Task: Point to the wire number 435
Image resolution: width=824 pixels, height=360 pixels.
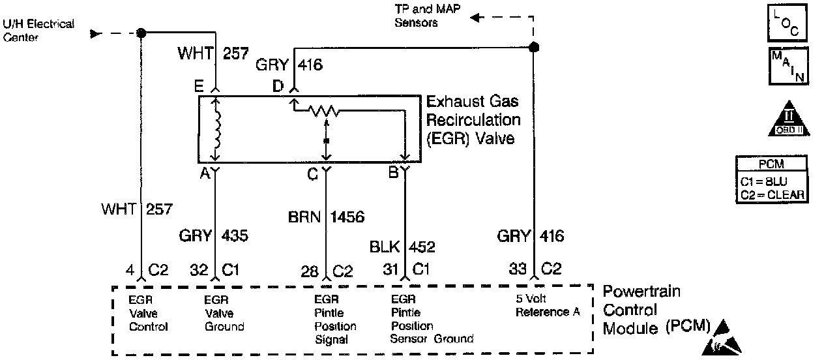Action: click(235, 235)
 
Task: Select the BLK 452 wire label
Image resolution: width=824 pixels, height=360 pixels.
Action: click(402, 247)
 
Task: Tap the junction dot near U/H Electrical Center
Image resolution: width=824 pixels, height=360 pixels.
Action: click(141, 33)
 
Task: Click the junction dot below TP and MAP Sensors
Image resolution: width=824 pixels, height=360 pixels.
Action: click(534, 47)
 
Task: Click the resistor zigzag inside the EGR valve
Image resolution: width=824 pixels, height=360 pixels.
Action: click(325, 112)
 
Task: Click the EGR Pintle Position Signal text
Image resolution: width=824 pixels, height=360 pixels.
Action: click(335, 320)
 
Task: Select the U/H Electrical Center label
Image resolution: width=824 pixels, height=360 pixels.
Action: click(38, 30)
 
